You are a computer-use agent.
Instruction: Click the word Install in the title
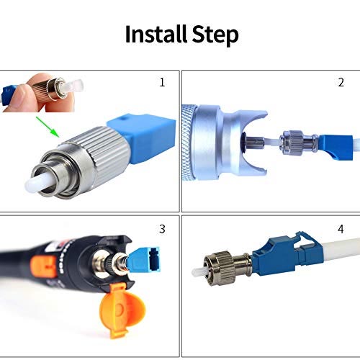click(156, 34)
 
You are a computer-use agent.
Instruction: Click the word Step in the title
click(215, 35)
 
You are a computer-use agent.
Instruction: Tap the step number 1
click(162, 82)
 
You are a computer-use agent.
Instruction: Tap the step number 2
click(341, 82)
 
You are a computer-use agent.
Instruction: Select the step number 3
click(162, 229)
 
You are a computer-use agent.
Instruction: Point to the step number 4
click(341, 229)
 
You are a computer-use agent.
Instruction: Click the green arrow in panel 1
click(48, 127)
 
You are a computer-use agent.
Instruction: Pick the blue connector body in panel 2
click(336, 147)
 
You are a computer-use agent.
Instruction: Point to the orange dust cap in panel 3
click(122, 310)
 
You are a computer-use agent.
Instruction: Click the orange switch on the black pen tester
click(44, 266)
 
